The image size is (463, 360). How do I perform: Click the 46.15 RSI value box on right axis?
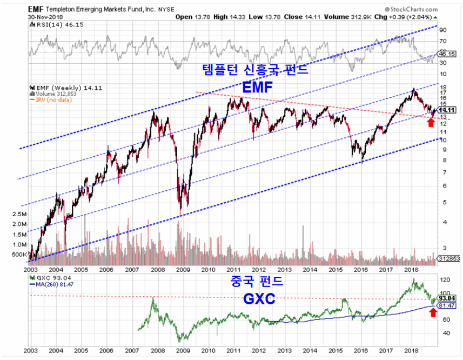(446, 55)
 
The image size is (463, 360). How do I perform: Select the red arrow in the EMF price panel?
(430, 122)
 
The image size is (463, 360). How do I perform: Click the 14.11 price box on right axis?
(446, 110)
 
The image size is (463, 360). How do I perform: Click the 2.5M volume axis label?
(19, 215)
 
